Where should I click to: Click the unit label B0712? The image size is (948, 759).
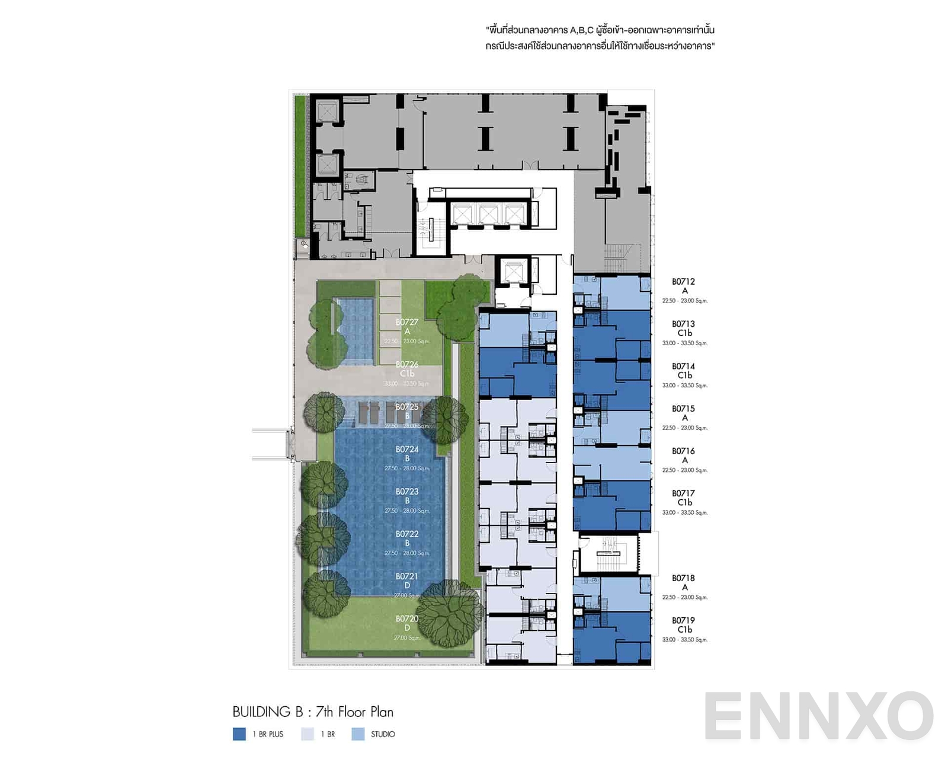pos(683,282)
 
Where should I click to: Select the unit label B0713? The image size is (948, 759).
pos(683,324)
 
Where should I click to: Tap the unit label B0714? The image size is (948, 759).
pos(683,366)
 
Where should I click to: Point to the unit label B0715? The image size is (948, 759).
pos(683,409)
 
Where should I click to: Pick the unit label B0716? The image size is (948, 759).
pos(683,451)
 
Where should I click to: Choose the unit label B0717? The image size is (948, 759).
pos(683,493)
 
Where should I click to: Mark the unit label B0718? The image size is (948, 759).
pos(683,578)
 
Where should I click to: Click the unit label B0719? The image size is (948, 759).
pos(683,620)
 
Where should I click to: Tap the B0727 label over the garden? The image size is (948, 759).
pos(407,323)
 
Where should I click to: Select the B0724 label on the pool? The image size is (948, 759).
pos(407,449)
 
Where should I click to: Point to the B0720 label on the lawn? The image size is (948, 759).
pos(407,618)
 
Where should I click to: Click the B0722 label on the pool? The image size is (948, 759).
pos(407,534)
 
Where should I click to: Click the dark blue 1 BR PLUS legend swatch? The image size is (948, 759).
pos(239,734)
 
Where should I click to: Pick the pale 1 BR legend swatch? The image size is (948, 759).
pos(308,734)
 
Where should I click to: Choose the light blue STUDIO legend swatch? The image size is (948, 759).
pos(358,734)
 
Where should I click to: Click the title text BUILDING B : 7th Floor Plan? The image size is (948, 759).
pos(313,712)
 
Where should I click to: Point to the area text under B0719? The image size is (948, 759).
pos(685,640)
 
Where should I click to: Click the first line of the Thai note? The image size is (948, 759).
pos(600,30)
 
